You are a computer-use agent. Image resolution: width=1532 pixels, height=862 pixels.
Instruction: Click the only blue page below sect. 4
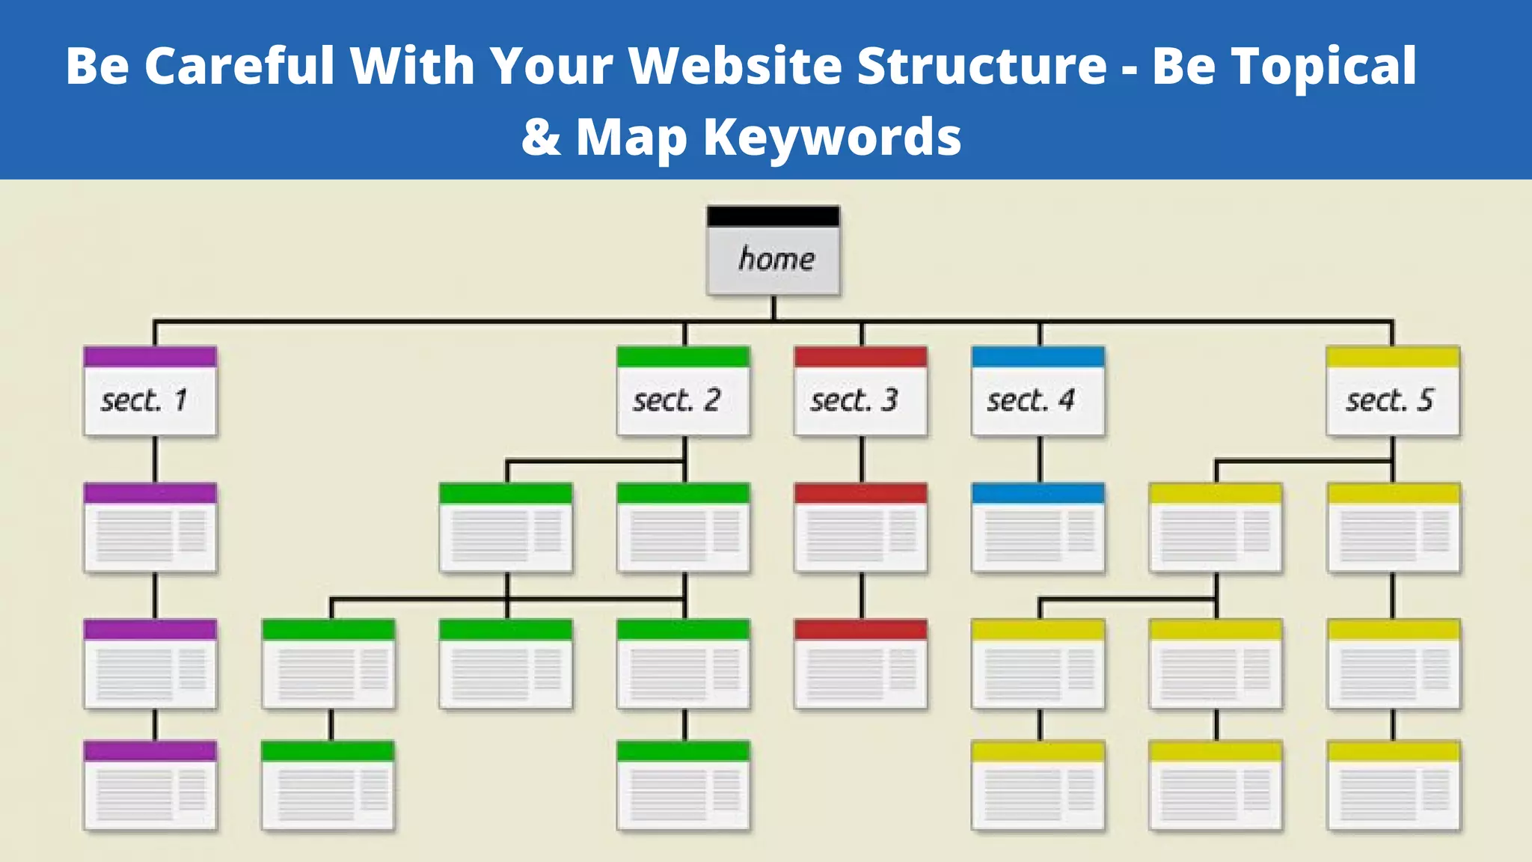coord(1038,528)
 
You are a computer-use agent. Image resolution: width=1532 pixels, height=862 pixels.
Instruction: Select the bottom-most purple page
coord(150,786)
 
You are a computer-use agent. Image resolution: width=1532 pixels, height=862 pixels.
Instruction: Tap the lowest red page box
coord(860,664)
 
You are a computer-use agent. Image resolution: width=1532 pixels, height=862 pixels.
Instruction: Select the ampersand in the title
coord(541,137)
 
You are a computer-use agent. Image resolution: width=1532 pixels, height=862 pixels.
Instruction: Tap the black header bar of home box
coord(773,217)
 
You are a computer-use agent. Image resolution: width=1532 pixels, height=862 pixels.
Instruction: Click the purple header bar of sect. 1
coord(150,356)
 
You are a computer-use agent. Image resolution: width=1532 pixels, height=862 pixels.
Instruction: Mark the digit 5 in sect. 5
coord(1426,400)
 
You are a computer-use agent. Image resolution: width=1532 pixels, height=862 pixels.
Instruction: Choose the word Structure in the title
coord(981,66)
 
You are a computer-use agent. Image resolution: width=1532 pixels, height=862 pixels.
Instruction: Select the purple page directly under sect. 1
coord(150,528)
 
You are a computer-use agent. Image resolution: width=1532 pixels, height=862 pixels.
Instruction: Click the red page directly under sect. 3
coord(860,528)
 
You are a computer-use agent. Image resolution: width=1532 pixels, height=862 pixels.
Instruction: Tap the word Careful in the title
coord(239,66)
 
